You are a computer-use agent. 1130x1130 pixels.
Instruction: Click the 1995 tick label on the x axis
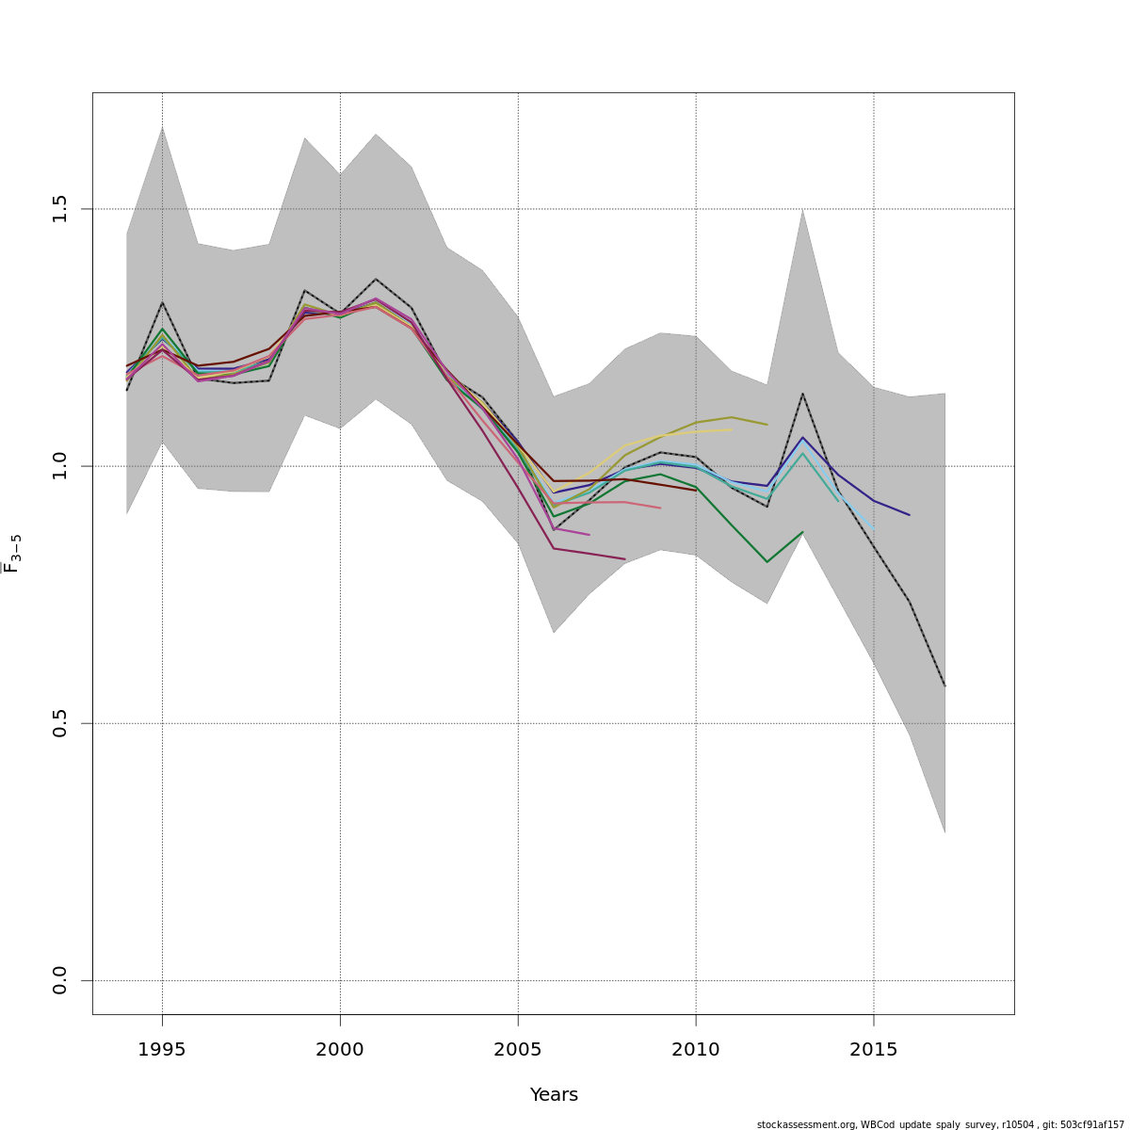162,1050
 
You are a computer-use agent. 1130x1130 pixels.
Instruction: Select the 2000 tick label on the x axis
340,1050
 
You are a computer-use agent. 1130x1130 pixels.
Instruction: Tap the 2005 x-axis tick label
518,1050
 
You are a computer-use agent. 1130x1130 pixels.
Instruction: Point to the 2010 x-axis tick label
696,1050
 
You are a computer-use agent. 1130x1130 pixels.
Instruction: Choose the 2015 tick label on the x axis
874,1050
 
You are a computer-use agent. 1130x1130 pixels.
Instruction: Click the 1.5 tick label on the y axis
60,209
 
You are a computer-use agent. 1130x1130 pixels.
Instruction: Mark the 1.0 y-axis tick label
60,466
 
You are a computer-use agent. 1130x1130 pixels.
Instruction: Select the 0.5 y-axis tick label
60,723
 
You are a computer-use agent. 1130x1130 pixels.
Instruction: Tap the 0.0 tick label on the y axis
60,980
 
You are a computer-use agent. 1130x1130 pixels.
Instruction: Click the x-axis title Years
554,1095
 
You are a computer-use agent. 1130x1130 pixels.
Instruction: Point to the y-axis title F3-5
13,554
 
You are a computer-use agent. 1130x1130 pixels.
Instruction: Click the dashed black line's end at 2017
944,686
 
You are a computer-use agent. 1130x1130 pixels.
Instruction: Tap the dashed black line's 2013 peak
802,394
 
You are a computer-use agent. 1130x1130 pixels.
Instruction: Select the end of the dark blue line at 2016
909,515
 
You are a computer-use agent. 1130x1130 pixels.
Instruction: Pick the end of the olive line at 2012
767,425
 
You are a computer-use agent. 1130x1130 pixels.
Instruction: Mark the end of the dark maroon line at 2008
624,559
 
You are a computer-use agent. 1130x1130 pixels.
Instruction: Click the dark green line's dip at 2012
767,562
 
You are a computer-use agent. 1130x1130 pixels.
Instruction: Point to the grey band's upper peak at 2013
802,209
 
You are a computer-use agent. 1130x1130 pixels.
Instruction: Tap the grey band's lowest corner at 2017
944,832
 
